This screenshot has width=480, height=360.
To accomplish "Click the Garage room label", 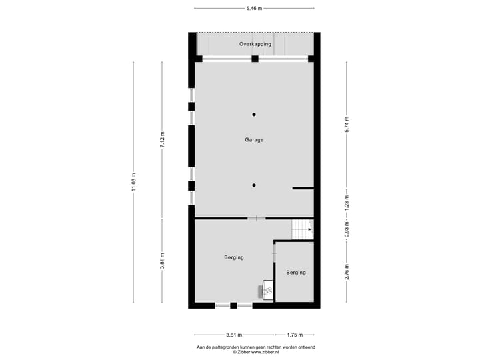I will [x=253, y=140].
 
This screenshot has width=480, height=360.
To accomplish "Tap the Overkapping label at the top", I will [x=255, y=44].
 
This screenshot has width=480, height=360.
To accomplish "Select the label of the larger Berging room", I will [x=233, y=257].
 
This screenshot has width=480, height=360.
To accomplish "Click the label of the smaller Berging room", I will [x=296, y=273].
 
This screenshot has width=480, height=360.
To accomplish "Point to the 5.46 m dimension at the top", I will [x=254, y=8].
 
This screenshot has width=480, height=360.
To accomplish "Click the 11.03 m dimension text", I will [x=134, y=182].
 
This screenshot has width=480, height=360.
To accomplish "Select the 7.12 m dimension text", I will [x=162, y=141].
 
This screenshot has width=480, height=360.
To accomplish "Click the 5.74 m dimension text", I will [x=347, y=124].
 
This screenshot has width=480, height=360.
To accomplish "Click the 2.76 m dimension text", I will [x=347, y=273].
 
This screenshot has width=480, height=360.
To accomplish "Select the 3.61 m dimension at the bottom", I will [x=234, y=335].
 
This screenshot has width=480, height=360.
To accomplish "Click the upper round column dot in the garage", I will [x=254, y=115].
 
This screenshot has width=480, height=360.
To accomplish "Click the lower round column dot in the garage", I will [x=254, y=185].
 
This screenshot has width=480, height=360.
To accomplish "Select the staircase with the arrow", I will [x=303, y=229].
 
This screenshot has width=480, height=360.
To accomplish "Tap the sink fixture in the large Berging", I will [x=267, y=290].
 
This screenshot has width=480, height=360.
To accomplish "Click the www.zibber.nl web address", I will [x=265, y=352].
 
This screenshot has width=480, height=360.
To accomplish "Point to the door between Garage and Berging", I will [x=256, y=218].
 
